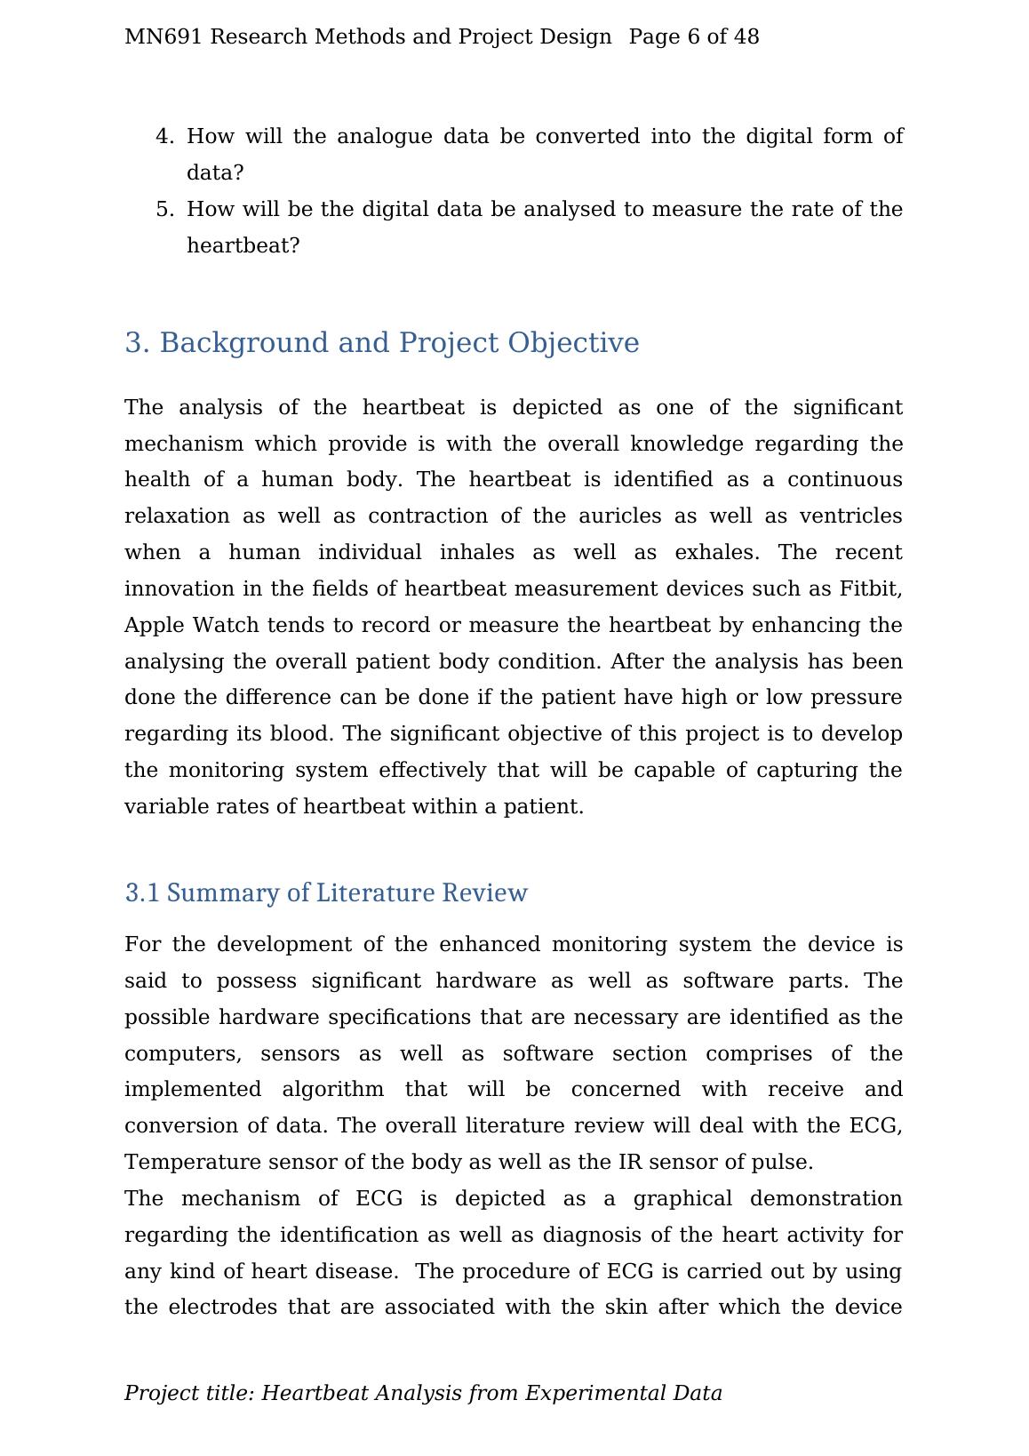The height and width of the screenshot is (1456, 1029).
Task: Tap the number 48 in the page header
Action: point(746,36)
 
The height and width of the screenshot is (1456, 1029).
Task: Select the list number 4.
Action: point(164,136)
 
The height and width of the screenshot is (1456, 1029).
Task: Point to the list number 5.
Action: point(164,209)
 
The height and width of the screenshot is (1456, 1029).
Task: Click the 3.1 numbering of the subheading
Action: point(142,893)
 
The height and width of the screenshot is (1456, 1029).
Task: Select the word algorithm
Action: point(332,1090)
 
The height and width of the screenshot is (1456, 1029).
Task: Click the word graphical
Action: point(682,1199)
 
